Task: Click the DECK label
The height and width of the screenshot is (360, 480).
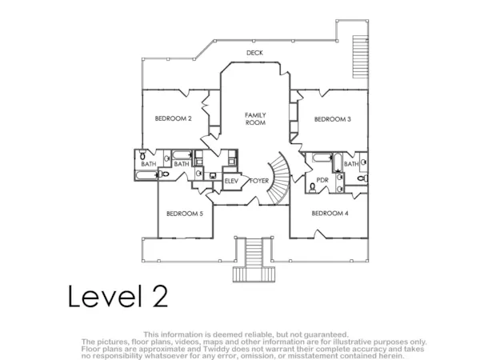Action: click(254, 53)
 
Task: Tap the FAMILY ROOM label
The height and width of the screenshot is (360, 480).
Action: click(255, 118)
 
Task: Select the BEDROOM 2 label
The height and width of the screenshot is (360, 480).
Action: click(173, 118)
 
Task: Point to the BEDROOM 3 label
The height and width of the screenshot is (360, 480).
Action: click(333, 119)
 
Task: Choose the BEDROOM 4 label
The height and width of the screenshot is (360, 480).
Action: click(330, 213)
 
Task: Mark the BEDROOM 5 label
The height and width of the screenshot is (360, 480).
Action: click(185, 214)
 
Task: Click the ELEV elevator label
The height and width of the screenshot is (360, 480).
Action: click(231, 182)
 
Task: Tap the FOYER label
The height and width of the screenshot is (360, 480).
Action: click(259, 181)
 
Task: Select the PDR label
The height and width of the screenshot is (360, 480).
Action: click(322, 180)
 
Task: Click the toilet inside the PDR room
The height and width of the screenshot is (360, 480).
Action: click(312, 187)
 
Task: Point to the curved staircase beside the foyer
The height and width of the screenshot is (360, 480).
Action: click(279, 178)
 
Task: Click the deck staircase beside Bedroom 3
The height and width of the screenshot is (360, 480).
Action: click(360, 57)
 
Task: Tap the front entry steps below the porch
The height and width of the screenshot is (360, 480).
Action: click(254, 259)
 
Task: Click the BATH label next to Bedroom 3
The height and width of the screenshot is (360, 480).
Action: click(351, 164)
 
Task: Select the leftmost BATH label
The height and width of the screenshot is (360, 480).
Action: click(149, 164)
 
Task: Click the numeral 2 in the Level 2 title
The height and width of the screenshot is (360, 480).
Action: click(160, 296)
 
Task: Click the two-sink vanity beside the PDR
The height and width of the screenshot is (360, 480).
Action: click(339, 182)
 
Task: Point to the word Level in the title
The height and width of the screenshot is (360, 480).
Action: click(106, 296)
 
